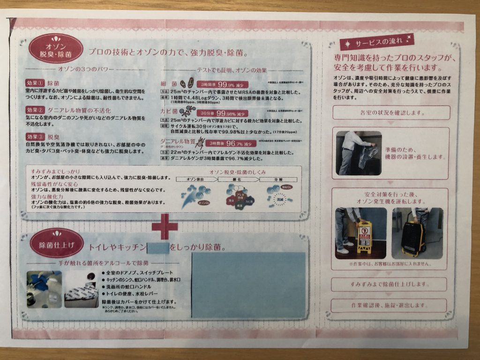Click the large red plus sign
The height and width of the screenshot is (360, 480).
pos(165,226)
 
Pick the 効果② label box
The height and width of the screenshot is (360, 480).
pos(35,110)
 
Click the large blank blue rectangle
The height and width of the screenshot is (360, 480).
pos(248,285)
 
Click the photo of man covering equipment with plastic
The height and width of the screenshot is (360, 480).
pos(359,153)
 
